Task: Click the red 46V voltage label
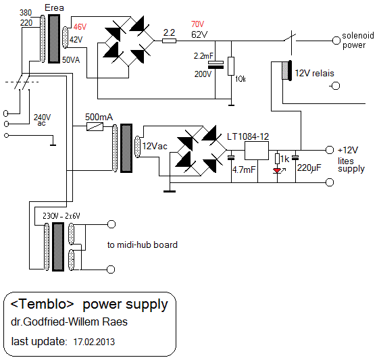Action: pos(80,26)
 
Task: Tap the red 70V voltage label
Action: pos(197,24)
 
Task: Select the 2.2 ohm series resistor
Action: pos(169,41)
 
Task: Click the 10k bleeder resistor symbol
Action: pos(231,66)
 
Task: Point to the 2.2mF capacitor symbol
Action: pos(216,65)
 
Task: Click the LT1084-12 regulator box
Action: pos(257,151)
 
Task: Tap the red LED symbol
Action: pos(277,171)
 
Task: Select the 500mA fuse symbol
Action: pos(95,126)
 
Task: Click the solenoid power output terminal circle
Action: pos(336,41)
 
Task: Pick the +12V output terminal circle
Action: pos(330,150)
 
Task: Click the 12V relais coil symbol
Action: pos(287,70)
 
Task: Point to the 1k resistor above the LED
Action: pos(277,159)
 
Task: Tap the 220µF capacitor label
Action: pos(309,168)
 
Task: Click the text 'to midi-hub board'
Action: pos(143,245)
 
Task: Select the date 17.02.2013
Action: pos(94,342)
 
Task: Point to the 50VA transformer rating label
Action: pos(71,60)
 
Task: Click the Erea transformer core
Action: pos(54,38)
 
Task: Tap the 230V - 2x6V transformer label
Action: pos(61,215)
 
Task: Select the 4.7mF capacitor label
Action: pos(244,170)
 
